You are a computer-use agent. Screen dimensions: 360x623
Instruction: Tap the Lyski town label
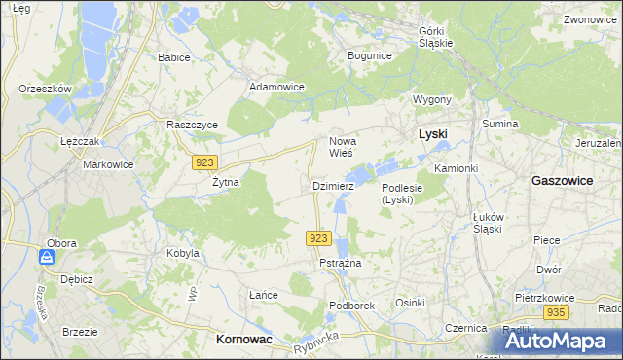[x=432, y=133]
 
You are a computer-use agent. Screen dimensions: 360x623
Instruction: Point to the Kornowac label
[x=242, y=338]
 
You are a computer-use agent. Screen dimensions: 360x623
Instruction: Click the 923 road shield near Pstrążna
[x=319, y=238]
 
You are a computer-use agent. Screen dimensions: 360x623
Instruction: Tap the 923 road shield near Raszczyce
[x=204, y=162]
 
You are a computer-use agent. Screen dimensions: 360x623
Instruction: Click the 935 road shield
[x=556, y=312]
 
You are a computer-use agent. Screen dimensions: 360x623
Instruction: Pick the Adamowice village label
[x=277, y=87]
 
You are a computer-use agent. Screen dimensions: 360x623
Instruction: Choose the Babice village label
[x=174, y=57]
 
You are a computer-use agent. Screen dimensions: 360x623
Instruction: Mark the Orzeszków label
[x=46, y=89]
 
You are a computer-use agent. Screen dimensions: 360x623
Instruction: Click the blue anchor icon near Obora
[x=46, y=257]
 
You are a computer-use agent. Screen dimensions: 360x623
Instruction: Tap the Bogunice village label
[x=369, y=55]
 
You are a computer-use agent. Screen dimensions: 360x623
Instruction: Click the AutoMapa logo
[x=559, y=341]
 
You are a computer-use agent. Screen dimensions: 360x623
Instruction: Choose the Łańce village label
[x=264, y=295]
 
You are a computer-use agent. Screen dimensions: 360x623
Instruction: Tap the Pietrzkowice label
[x=543, y=294]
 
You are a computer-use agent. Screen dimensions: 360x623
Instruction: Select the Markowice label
[x=107, y=164]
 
